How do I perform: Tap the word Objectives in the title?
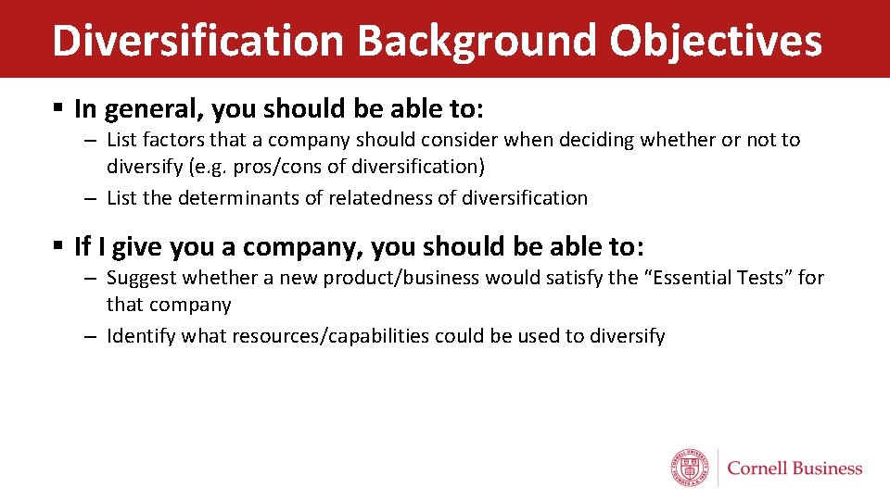(716, 40)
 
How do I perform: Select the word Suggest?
(141, 278)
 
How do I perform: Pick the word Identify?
(141, 336)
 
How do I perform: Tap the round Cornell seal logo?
(691, 468)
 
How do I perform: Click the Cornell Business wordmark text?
(795, 469)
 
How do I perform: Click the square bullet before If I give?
(57, 246)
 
